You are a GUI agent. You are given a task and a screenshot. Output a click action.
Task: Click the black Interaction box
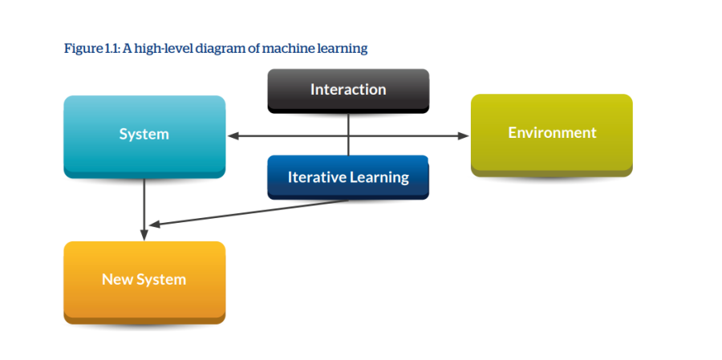coord(348,91)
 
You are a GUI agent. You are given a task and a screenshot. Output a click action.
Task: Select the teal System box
coord(144,137)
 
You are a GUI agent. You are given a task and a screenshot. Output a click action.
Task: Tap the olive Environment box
coord(552,136)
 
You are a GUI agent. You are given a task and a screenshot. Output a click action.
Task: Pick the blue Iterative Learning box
coord(348,177)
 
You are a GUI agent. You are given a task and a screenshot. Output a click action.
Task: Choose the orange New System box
coord(144,283)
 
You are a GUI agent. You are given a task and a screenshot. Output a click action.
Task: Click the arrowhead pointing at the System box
coord(233,136)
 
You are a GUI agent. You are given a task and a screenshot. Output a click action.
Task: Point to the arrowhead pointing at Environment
coord(463,136)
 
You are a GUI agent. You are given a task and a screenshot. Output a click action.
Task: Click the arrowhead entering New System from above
coord(144,235)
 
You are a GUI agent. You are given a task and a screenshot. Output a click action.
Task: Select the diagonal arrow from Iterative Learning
coord(249,212)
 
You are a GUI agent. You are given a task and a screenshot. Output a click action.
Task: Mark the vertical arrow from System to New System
coord(144,209)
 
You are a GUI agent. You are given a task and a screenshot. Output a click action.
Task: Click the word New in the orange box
coord(113,280)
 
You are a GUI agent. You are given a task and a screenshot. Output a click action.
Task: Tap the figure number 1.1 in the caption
coord(112,48)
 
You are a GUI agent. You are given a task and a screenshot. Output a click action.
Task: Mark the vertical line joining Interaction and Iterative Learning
coord(348,134)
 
